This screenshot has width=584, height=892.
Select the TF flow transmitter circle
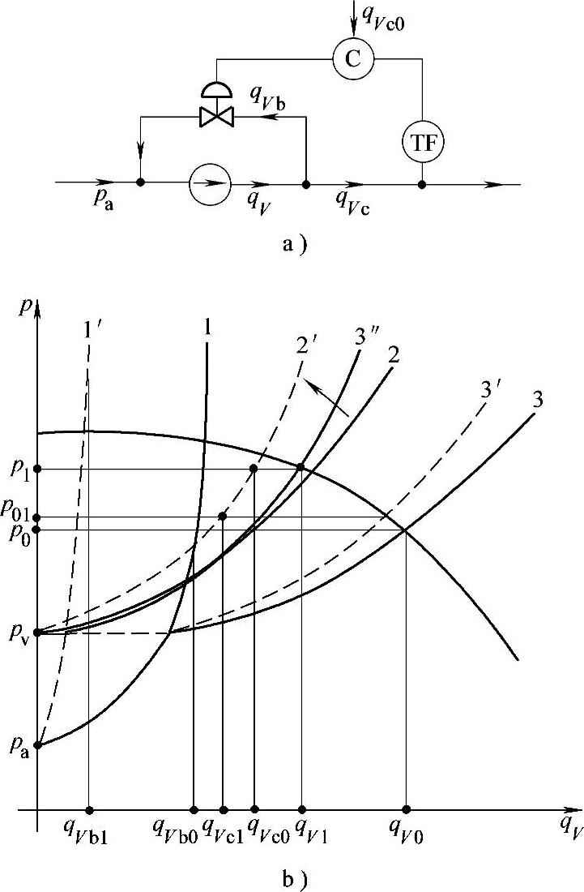pos(423,143)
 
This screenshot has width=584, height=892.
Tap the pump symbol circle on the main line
pos(210,184)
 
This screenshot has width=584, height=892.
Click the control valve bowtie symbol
pos(216,118)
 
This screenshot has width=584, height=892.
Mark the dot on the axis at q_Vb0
pos(194,809)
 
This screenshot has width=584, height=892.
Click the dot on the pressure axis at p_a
pos(38,744)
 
